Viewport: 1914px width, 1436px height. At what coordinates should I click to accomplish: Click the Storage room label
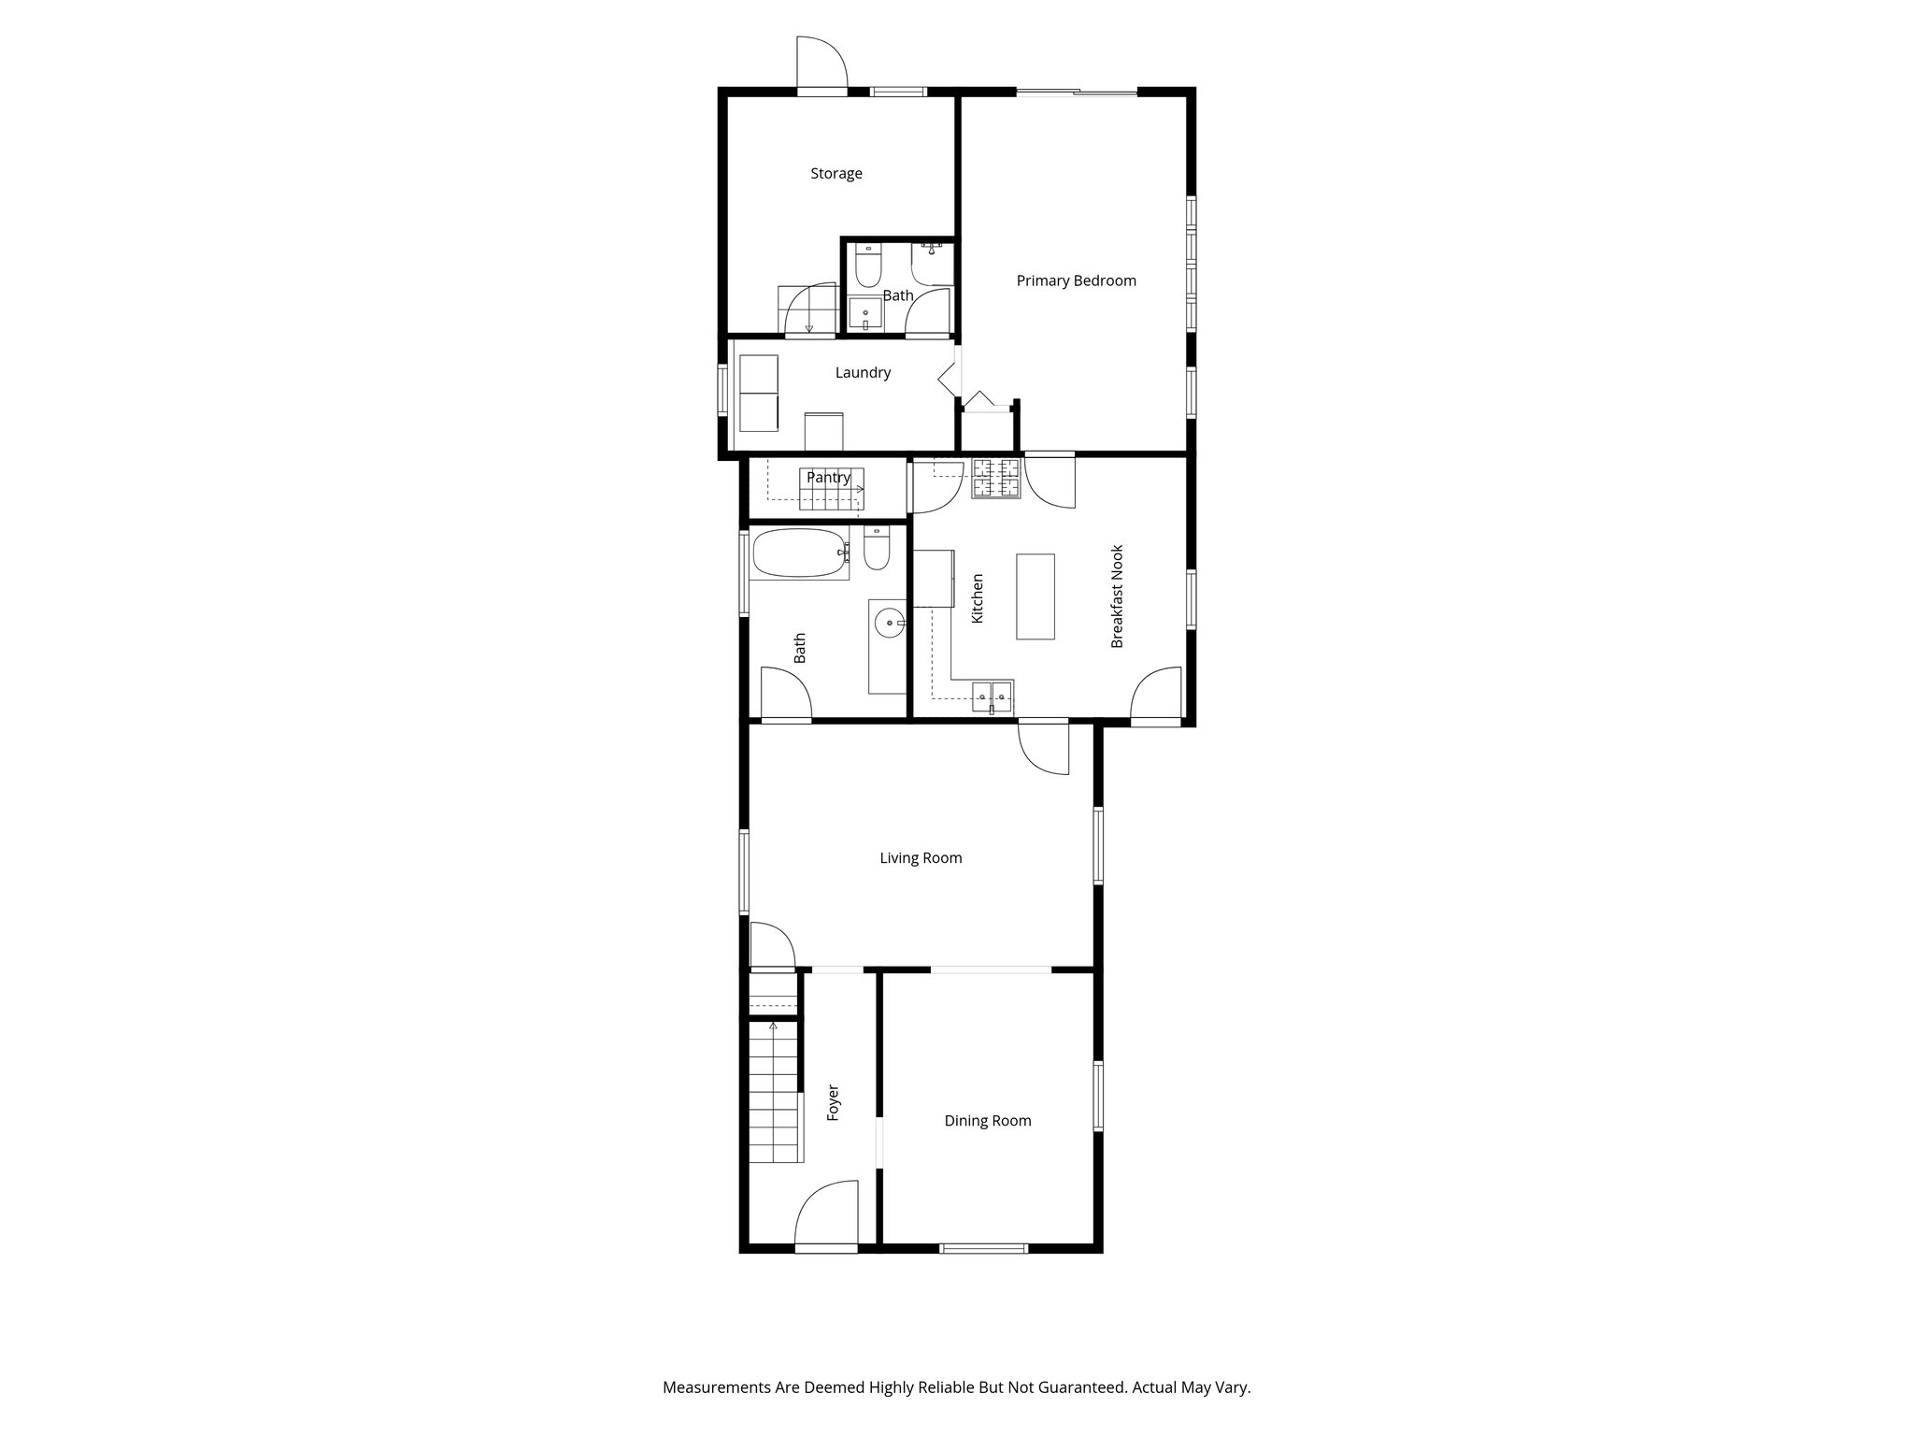click(836, 174)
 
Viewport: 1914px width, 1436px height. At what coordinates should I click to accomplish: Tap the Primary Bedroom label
click(1076, 280)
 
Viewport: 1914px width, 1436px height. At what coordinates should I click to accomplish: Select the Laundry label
click(862, 373)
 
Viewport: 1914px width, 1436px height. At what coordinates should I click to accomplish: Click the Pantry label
click(828, 478)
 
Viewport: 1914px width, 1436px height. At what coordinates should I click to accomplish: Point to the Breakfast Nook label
click(1117, 596)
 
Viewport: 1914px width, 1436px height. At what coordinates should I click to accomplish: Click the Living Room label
click(921, 858)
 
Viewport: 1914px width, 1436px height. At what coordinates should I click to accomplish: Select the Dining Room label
click(987, 1121)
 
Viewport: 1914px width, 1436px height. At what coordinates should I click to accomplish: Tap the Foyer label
click(834, 1103)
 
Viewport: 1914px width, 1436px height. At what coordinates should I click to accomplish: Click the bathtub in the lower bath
click(799, 553)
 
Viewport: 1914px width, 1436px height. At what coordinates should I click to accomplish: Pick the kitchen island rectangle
click(1035, 596)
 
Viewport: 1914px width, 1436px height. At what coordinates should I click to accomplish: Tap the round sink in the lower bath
click(889, 623)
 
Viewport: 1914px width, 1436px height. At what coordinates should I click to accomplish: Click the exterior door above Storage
click(821, 65)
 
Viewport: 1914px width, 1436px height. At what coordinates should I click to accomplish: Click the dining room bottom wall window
click(983, 1247)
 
